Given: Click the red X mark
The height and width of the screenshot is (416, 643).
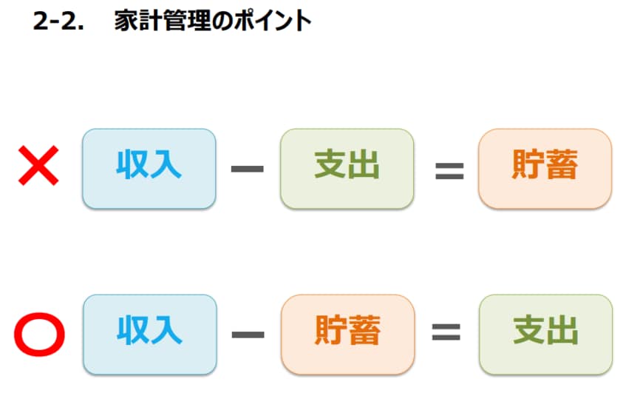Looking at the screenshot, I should click(x=38, y=167).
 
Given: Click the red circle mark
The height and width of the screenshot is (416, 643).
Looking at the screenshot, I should click(x=40, y=335).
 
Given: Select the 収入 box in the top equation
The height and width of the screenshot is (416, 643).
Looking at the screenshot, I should click(x=149, y=168).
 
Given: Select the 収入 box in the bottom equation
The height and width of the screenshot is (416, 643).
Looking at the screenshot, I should click(x=149, y=334).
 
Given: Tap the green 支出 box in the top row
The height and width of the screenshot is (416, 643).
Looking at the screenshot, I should click(x=347, y=168).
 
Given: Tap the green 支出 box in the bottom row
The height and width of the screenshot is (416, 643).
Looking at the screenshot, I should click(x=545, y=334).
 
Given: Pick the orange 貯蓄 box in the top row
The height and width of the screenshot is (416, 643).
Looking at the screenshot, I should click(x=545, y=168).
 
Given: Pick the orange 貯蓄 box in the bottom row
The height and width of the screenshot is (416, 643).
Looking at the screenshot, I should click(x=347, y=334).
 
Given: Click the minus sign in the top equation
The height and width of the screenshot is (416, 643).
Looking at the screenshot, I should click(x=248, y=169).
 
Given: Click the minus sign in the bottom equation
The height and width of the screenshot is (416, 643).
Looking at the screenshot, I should click(x=248, y=335).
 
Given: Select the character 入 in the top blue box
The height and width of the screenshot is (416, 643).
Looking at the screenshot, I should click(x=166, y=166).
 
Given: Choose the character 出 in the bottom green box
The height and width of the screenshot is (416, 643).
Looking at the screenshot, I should click(x=562, y=332).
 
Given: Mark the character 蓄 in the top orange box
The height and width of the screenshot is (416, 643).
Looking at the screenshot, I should click(x=562, y=166).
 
